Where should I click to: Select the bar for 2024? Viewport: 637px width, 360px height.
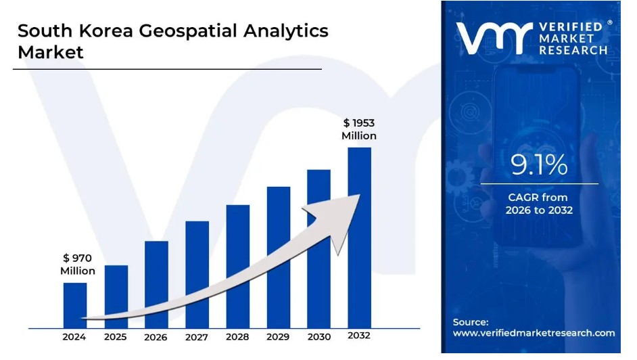tap(75, 305)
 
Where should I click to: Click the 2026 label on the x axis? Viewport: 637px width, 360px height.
tap(156, 337)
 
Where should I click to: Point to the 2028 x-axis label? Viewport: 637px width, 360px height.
tap(237, 337)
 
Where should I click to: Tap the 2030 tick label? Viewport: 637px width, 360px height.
tap(318, 337)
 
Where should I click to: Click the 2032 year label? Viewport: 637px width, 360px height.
tap(359, 336)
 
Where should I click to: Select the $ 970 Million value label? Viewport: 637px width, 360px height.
tap(77, 264)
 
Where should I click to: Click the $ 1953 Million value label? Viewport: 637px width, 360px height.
tap(358, 129)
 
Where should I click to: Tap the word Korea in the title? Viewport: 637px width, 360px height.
tap(103, 31)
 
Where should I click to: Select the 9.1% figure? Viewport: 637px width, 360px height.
tap(538, 165)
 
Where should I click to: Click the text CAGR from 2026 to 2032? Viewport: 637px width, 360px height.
tap(539, 204)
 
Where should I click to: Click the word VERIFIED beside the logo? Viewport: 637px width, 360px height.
tap(572, 26)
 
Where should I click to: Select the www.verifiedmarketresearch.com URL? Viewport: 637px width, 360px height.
tap(534, 333)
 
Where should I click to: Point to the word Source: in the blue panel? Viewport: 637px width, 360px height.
tap(471, 322)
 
